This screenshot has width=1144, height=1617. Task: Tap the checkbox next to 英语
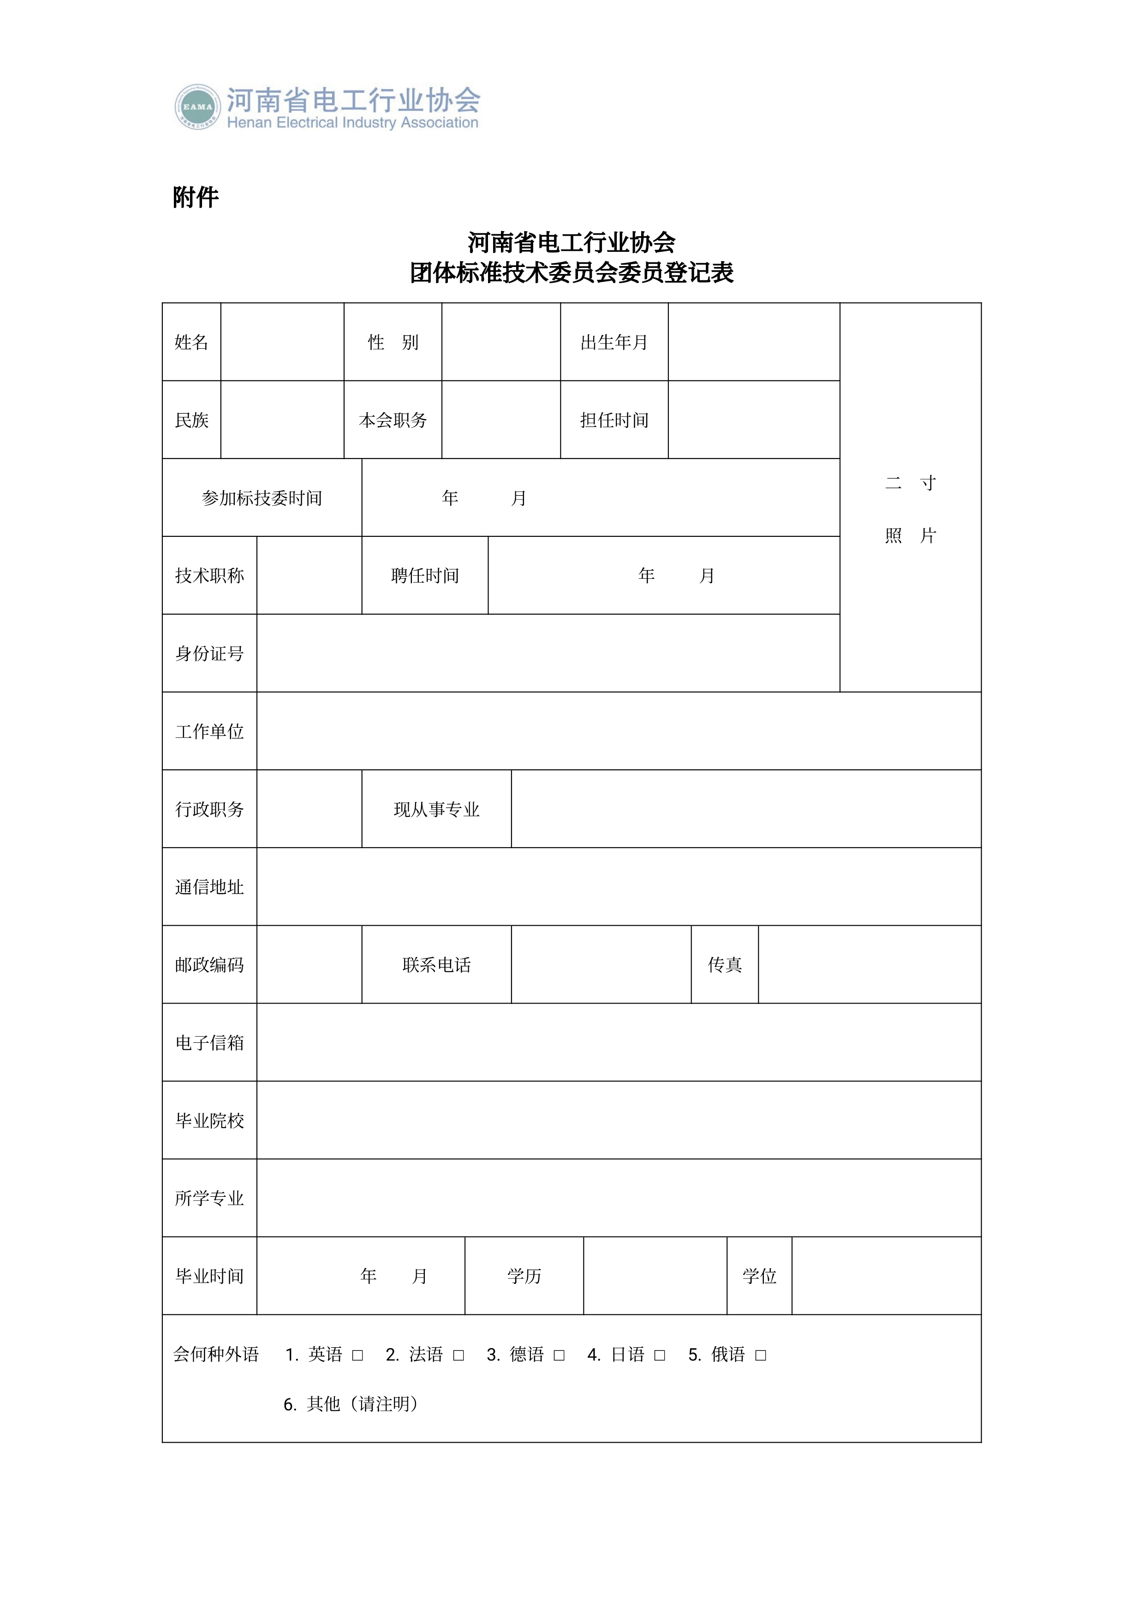[x=358, y=1355]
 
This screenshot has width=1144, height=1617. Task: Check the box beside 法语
[x=459, y=1355]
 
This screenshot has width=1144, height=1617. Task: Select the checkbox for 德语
[x=560, y=1355]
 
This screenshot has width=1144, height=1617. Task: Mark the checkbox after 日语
[x=660, y=1355]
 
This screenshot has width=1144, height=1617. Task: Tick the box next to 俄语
[x=761, y=1355]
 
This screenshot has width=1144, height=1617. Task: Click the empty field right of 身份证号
[x=548, y=653]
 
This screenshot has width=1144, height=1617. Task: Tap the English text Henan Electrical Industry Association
[x=352, y=123]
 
